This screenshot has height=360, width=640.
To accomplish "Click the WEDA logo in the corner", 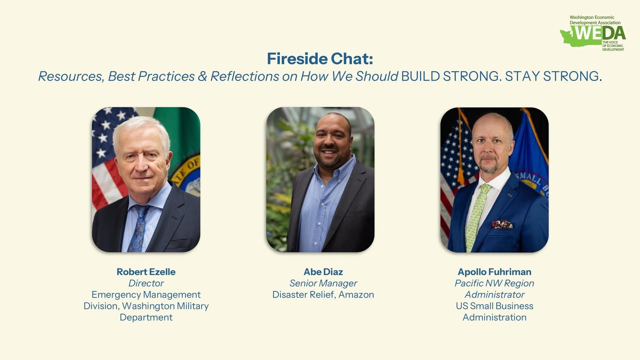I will [593, 33].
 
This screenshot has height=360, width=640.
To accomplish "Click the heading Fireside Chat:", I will [320, 59].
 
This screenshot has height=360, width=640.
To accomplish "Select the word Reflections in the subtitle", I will [244, 76].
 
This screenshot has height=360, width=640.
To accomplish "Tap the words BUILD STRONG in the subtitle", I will [450, 76].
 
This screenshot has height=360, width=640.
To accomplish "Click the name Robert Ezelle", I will [146, 272].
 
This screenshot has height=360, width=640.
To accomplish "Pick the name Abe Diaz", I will [323, 272].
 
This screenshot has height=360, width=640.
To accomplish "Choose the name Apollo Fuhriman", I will [494, 272].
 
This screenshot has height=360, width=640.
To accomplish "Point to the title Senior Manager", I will [323, 283].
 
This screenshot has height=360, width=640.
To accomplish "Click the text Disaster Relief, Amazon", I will [323, 295].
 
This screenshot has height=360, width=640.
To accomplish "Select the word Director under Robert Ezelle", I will [146, 283].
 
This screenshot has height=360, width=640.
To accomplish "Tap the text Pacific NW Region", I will [494, 283].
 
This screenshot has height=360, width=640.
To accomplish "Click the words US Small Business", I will [494, 306].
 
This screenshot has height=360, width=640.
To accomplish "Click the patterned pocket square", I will [502, 224].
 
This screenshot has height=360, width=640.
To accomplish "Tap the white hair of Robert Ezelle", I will [140, 127].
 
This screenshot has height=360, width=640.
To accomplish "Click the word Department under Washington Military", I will [146, 317].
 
